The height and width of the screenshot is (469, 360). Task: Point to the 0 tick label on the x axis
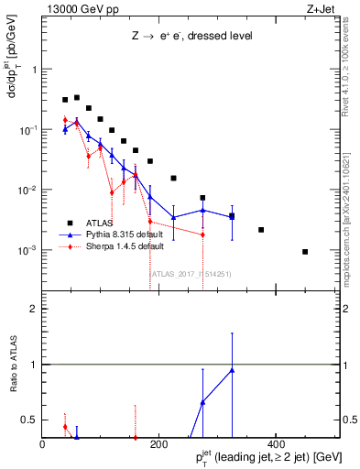coord(43,444)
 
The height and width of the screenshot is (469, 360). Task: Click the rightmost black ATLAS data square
coord(305,252)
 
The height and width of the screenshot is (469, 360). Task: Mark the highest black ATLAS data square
coord(77,97)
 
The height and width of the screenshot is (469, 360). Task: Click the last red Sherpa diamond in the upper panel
coord(202,234)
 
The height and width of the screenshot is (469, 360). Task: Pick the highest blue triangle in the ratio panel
coord(232,370)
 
